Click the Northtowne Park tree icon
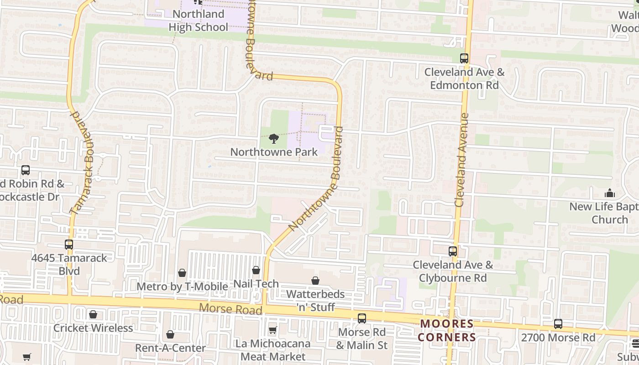pos(274,138)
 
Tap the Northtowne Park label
pos(274,152)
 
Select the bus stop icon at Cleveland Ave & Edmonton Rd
pos(464,58)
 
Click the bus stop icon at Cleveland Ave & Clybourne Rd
pos(453,251)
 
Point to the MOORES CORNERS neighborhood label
pos(447,330)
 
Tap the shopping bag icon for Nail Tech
pos(256,271)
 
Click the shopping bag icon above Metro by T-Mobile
pos(182,273)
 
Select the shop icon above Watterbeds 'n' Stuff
pos(315,281)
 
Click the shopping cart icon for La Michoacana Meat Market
pos(272,330)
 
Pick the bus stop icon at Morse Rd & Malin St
pos(362,318)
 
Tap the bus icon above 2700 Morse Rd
pos(558,324)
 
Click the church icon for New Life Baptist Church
pos(609,193)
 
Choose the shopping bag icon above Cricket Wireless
pos(93,314)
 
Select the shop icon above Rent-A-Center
pos(170,334)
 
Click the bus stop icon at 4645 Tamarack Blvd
pos(69,244)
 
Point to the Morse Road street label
pos(230,309)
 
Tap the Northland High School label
pos(198,21)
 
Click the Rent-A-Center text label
pos(170,348)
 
